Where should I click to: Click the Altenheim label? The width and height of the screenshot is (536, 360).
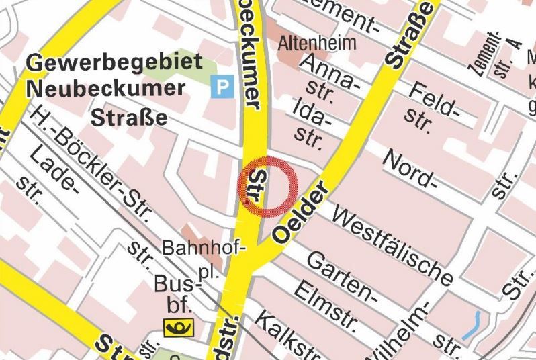pyautogui.click(x=318, y=44)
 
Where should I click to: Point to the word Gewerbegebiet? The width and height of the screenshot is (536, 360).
pyautogui.click(x=114, y=64)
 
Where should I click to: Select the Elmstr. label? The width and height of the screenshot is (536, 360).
pyautogui.click(x=325, y=305)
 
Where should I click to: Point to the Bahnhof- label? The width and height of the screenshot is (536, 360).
pyautogui.click(x=204, y=248)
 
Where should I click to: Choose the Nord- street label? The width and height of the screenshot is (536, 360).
pyautogui.click(x=409, y=168)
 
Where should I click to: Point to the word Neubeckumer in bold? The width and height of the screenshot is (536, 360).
pyautogui.click(x=105, y=88)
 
